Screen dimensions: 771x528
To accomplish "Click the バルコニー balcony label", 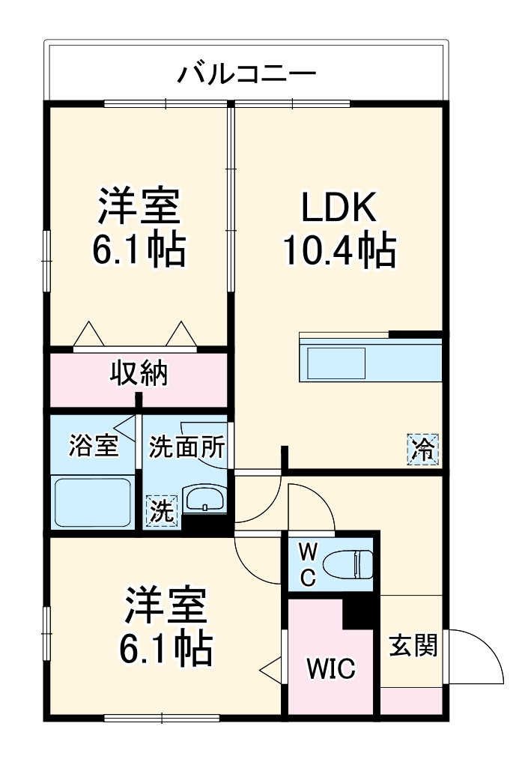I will pos(246,75).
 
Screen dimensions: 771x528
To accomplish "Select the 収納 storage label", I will pos(139,372).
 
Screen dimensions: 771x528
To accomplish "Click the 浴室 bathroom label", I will pos(93,446).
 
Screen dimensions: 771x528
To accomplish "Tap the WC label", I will pos(308,564).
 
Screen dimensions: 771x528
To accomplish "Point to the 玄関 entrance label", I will pos(413,645).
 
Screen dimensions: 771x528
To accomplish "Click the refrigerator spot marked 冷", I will pos(423,450).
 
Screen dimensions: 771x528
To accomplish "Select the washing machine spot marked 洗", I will pos(163,511).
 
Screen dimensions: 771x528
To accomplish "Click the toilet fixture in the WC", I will pos(352,563).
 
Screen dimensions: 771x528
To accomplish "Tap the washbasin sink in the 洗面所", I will pos(204,499).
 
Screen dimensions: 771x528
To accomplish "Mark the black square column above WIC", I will pos(360,614).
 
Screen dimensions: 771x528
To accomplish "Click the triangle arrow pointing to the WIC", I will pos(270,667).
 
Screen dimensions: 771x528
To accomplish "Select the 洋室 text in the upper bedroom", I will pos(139,208).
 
